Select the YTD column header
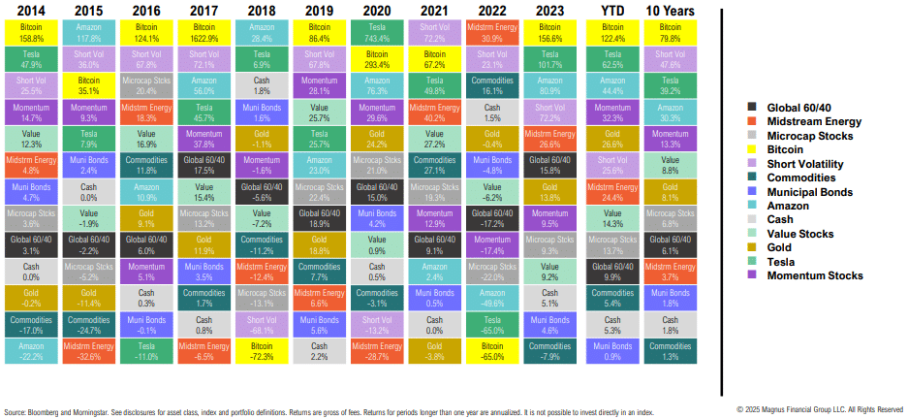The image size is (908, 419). click(611, 10)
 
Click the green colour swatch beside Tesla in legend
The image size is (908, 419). click(753, 262)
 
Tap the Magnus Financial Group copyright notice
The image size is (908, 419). click(820, 409)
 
